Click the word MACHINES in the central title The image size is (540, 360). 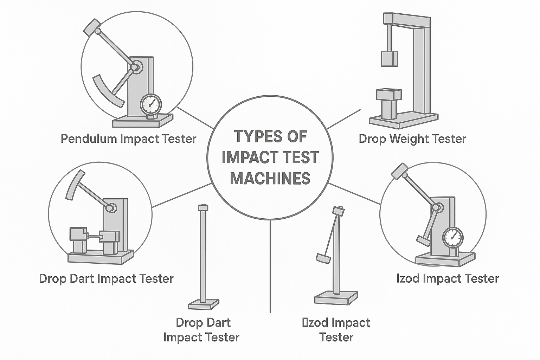(270, 178)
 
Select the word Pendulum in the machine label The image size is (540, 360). (88, 139)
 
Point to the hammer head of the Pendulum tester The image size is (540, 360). (92, 27)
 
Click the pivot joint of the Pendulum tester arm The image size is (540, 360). (135, 67)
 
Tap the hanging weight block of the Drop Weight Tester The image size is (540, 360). (390, 59)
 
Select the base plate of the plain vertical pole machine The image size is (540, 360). (204, 304)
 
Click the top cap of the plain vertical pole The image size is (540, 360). (203, 208)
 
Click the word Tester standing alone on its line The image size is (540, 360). (336, 337)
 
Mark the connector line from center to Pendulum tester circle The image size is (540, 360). (195, 118)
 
